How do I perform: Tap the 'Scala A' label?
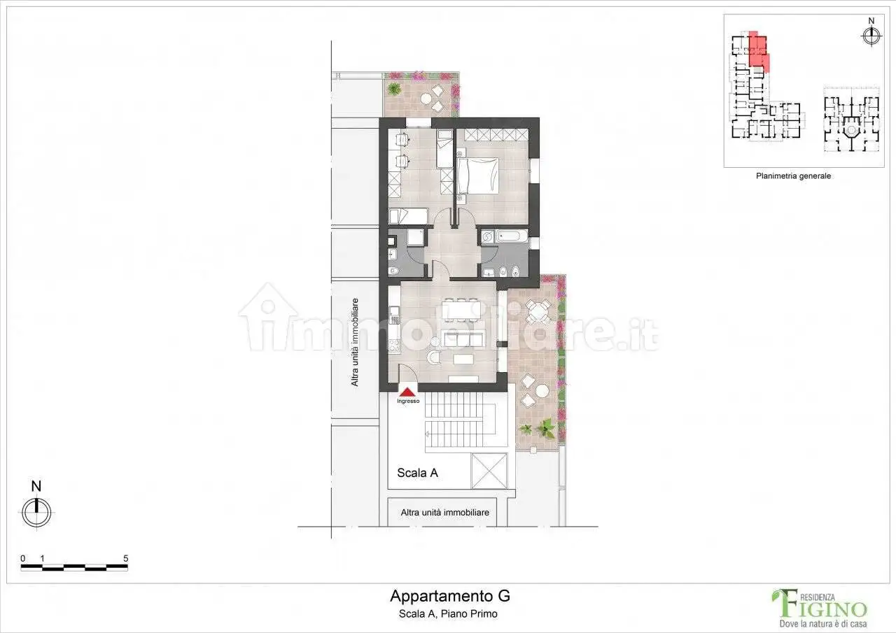(417, 473)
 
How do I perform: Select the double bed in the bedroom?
(478, 176)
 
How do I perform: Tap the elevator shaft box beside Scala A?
(489, 471)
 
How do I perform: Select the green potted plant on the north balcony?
(395, 89)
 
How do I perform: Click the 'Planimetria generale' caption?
(793, 176)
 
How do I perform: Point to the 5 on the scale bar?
(125, 558)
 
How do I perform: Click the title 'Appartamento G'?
(449, 597)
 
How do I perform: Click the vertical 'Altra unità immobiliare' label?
(355, 343)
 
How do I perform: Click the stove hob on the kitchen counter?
(394, 346)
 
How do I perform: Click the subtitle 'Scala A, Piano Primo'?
(449, 614)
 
